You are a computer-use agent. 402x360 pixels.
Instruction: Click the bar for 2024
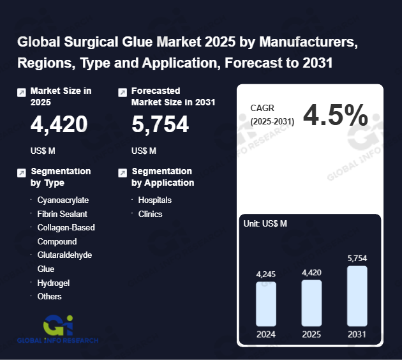pyautogui.click(x=266, y=304)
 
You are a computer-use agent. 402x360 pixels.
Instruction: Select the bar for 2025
pyautogui.click(x=311, y=303)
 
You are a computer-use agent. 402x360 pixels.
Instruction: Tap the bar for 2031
pyautogui.click(x=357, y=296)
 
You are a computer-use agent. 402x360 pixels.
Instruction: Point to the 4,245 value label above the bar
pyautogui.click(x=266, y=274)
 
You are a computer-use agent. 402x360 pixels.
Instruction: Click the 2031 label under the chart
pyautogui.click(x=357, y=334)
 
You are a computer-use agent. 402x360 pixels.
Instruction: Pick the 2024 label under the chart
pyautogui.click(x=266, y=334)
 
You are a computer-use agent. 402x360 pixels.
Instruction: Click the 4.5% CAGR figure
pyautogui.click(x=335, y=116)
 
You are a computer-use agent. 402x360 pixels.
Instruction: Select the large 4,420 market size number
pyautogui.click(x=59, y=124)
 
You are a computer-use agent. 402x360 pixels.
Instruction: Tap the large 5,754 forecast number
pyautogui.click(x=160, y=124)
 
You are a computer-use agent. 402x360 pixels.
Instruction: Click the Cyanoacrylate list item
pyautogui.click(x=63, y=200)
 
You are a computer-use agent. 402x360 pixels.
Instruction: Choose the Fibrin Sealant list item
pyautogui.click(x=62, y=214)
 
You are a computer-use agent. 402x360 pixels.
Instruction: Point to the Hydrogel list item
pyautogui.click(x=53, y=283)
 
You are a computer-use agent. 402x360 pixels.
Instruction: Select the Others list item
pyautogui.click(x=49, y=296)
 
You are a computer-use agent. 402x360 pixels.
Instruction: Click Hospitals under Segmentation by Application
pyautogui.click(x=154, y=200)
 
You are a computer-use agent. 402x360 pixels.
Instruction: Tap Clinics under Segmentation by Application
pyautogui.click(x=150, y=214)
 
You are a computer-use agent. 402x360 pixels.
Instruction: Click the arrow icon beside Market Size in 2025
pyautogui.click(x=22, y=93)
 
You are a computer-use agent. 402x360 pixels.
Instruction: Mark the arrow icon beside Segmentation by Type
pyautogui.click(x=22, y=173)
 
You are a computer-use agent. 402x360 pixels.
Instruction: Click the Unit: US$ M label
pyautogui.click(x=265, y=223)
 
